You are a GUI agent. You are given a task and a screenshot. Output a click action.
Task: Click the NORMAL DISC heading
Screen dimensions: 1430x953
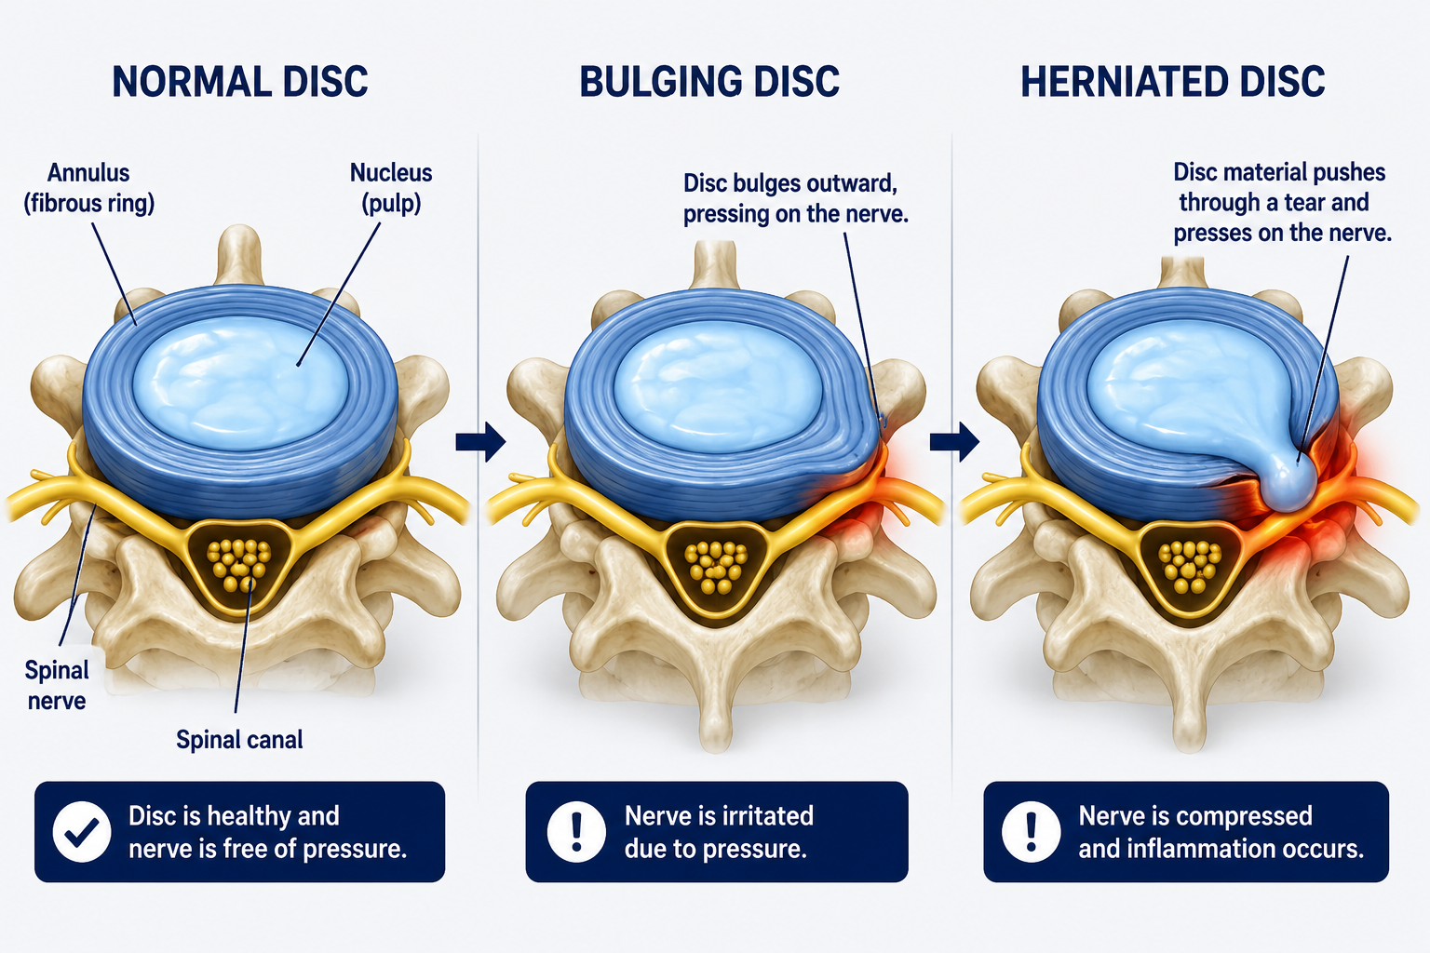[x=240, y=81]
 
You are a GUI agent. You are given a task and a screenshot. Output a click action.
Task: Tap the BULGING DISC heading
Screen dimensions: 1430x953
[x=709, y=81]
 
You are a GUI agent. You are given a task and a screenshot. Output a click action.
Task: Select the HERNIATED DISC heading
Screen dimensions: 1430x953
[x=1173, y=81]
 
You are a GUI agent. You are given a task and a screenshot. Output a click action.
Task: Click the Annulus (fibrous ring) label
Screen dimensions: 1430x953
[x=89, y=188]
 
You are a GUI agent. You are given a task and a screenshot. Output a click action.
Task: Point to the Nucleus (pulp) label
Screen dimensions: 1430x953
[x=391, y=188]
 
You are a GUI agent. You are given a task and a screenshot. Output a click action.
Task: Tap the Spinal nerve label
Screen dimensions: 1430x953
[x=56, y=686]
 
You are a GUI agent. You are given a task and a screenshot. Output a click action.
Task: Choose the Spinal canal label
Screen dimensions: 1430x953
[x=239, y=740]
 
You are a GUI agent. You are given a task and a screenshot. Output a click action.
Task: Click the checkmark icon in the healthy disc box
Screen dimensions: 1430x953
[x=82, y=832]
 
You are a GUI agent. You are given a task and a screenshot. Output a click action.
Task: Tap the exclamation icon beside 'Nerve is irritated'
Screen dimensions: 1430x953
[x=576, y=832]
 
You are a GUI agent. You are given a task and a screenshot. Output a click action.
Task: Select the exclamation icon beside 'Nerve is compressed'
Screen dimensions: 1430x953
[x=1031, y=832]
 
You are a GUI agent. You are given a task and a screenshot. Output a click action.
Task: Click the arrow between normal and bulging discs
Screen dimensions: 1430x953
[x=480, y=441]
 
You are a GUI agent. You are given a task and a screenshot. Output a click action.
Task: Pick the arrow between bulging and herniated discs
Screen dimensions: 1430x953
[x=954, y=441]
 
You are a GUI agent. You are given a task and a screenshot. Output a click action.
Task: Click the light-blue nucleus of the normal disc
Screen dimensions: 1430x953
[x=241, y=383]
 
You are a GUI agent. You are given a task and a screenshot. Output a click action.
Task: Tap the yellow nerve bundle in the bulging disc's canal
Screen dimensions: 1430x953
[x=716, y=567]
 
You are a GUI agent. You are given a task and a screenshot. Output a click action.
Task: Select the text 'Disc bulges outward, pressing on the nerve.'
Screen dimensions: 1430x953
[x=795, y=198]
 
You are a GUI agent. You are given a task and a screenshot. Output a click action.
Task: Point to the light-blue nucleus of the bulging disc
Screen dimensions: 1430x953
[x=718, y=386]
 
